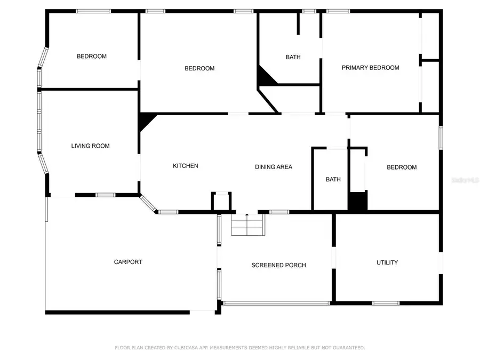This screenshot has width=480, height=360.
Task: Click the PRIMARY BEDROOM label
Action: click(370, 68)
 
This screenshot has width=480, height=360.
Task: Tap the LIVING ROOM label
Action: click(90, 146)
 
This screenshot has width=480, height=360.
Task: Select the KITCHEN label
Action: click(185, 166)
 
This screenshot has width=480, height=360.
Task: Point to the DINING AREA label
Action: click(273, 167)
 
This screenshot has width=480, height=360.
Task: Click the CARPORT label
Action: click(128, 262)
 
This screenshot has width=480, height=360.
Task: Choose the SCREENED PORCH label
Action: click(278, 265)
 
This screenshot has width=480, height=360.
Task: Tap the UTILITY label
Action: click(387, 262)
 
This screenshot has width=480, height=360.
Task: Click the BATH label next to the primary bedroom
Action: click(293, 57)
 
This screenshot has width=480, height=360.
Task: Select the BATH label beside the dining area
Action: click(333, 180)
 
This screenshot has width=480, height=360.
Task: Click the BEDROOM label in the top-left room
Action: click(91, 57)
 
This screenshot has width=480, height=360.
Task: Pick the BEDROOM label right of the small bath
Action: click(401, 167)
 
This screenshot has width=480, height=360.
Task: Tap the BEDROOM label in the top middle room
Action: click(199, 68)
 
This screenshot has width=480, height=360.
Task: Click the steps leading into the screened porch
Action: click(248, 226)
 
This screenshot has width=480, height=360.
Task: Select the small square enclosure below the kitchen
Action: click(221, 202)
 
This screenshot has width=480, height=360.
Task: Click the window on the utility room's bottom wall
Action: click(386, 303)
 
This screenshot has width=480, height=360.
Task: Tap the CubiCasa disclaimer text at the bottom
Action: click(240, 348)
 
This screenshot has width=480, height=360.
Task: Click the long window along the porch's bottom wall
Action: click(276, 303)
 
